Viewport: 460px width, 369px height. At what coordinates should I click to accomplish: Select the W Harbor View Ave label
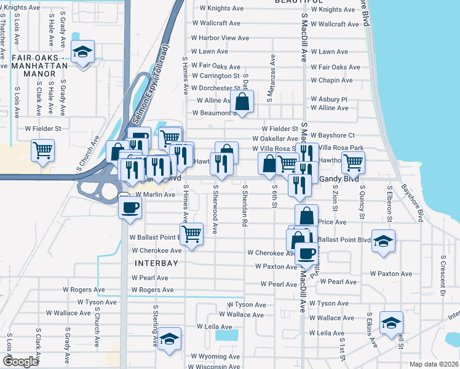point(220,38)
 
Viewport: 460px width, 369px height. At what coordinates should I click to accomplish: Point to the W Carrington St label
point(215,76)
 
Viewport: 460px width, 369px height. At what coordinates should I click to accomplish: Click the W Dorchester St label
point(213,87)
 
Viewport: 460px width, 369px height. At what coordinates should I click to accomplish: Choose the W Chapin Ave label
point(331,81)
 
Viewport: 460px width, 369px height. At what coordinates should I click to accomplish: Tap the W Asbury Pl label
point(329,99)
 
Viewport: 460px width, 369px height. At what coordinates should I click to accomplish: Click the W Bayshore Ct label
point(333,135)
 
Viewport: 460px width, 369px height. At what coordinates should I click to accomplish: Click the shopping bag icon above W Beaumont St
point(243,101)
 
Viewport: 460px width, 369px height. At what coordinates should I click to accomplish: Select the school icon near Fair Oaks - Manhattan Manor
point(82,52)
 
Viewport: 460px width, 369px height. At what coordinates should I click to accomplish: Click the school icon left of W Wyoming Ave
point(169,339)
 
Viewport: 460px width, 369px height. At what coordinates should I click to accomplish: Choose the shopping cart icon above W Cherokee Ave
point(192,234)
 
